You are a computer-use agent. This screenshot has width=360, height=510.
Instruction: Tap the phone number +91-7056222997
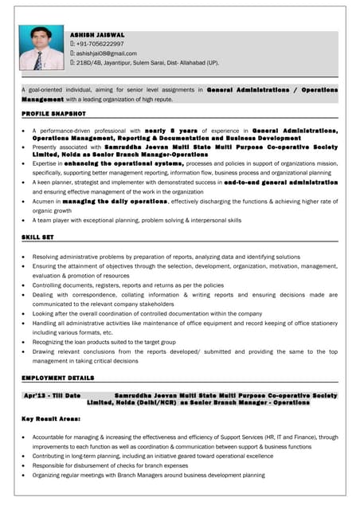(x=104, y=44)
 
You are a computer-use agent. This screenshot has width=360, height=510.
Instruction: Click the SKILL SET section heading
(x=37, y=238)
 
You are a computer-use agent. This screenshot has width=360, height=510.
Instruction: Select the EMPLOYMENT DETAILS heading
(x=57, y=378)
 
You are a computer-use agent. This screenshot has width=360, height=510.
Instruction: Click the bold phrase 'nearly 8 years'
(x=172, y=130)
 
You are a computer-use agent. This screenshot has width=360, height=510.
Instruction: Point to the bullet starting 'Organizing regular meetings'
(x=148, y=476)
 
